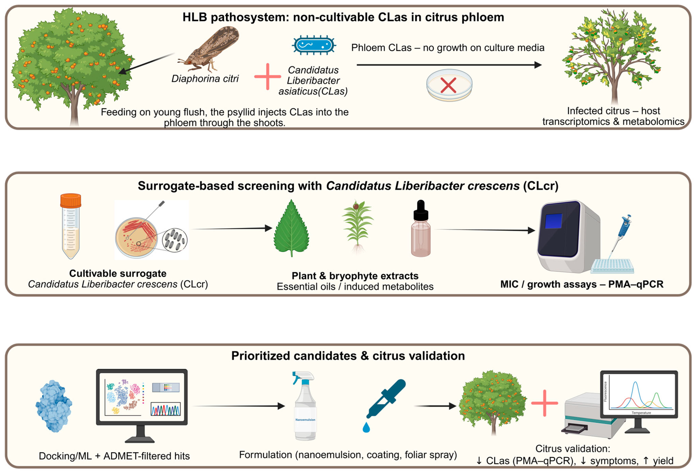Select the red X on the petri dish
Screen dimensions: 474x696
[448, 85]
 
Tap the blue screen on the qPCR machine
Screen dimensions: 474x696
[553, 221]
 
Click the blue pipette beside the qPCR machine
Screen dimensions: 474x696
[625, 230]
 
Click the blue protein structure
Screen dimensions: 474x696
[54, 406]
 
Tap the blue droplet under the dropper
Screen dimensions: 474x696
[366, 428]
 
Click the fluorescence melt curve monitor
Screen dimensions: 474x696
[639, 395]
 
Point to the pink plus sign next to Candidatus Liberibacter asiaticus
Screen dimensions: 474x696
[267, 77]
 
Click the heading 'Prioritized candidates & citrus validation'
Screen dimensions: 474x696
[348, 356]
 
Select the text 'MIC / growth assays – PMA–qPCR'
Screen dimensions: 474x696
[582, 284]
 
